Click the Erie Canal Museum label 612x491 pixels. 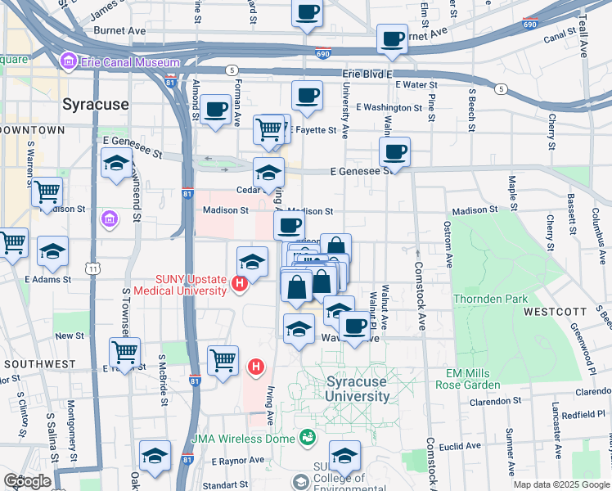[129, 62]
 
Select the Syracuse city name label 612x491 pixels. [97, 104]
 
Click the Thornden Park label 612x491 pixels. [491, 299]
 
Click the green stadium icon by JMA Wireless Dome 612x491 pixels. [308, 438]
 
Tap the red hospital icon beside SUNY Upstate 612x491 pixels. [240, 285]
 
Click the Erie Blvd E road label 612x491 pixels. [368, 73]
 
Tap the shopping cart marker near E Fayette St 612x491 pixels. [268, 128]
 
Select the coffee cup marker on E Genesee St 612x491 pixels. [394, 151]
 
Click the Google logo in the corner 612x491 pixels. [27, 481]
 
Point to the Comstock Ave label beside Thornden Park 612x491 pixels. [420, 291]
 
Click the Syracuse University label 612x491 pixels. [358, 390]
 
